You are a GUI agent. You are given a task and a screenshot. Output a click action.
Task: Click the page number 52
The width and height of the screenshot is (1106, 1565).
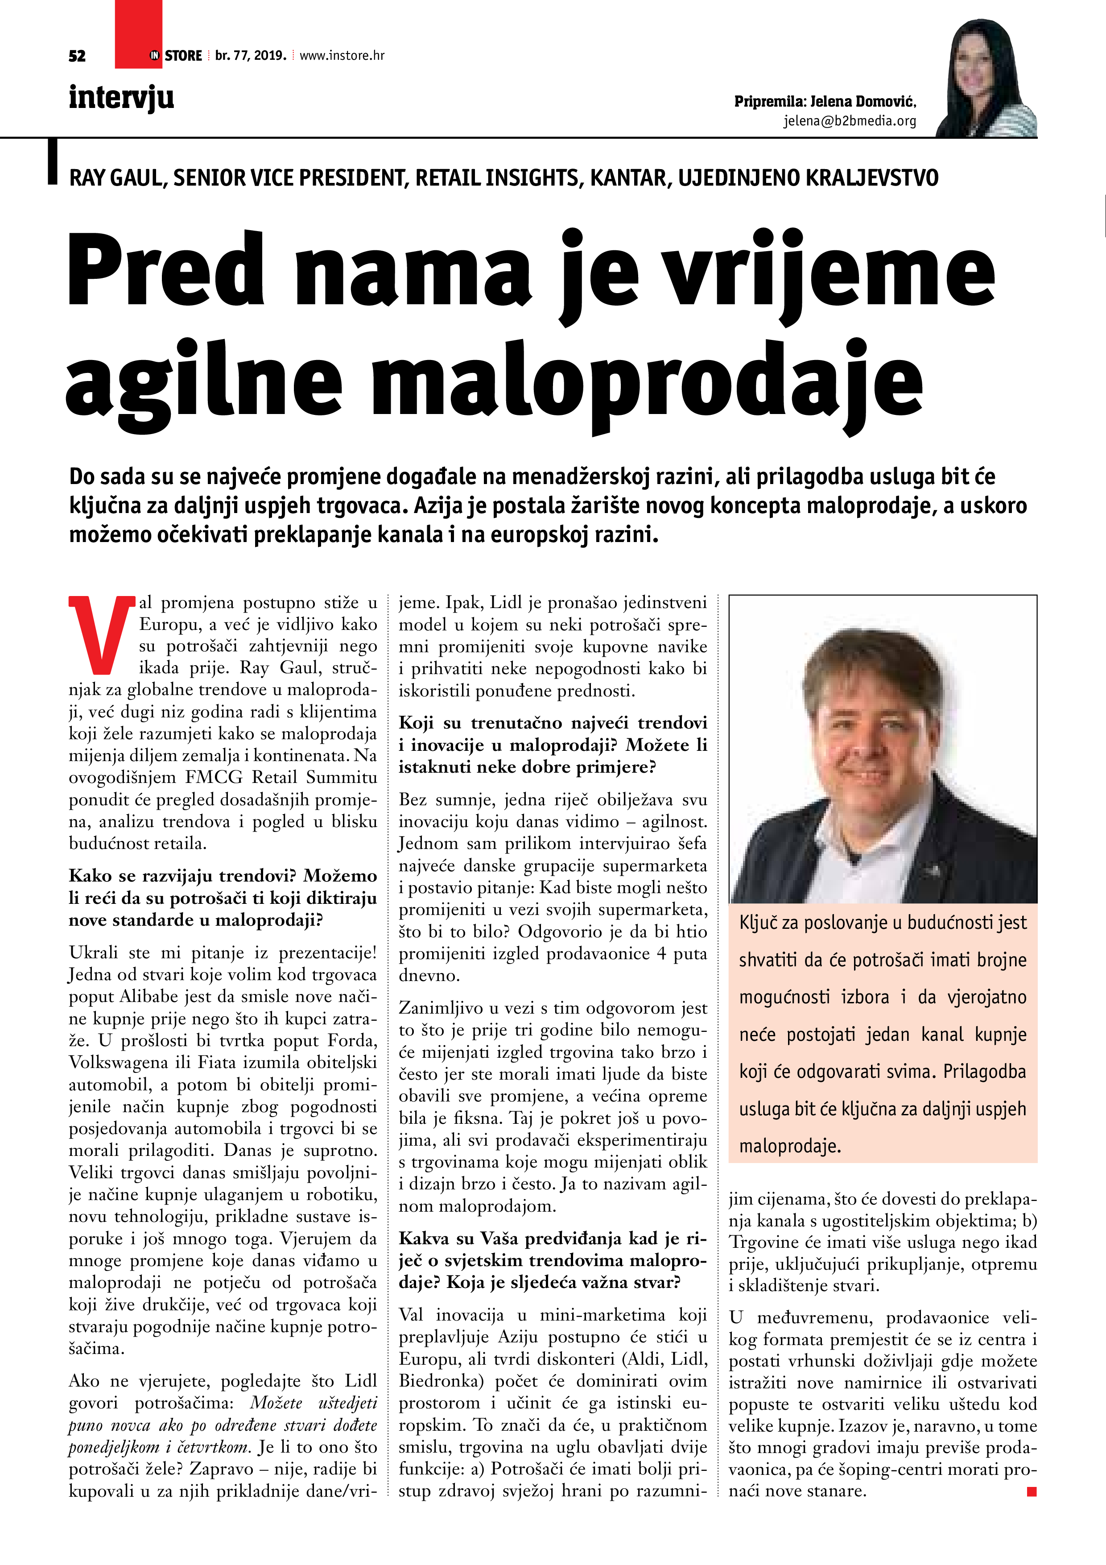[x=77, y=56]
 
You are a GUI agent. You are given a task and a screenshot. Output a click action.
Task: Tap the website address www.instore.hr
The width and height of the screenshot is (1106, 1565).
[x=342, y=56]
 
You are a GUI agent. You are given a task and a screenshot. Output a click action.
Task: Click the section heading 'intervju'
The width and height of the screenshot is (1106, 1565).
[x=121, y=97]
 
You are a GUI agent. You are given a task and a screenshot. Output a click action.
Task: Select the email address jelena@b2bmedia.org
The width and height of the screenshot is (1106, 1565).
[x=849, y=121]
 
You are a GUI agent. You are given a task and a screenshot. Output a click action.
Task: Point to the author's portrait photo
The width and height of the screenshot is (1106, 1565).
[x=986, y=79]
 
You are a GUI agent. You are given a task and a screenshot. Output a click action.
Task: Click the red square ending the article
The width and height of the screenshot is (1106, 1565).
[x=1031, y=1492]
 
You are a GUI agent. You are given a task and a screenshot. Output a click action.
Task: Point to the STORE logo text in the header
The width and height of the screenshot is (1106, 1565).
[x=183, y=56]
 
